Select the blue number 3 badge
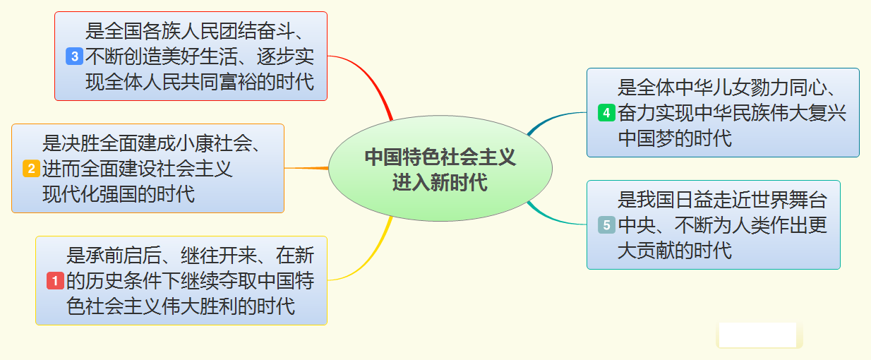point(74,56)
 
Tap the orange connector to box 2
point(308,168)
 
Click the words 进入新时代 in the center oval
point(440,182)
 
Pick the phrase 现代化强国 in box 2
point(99,193)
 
